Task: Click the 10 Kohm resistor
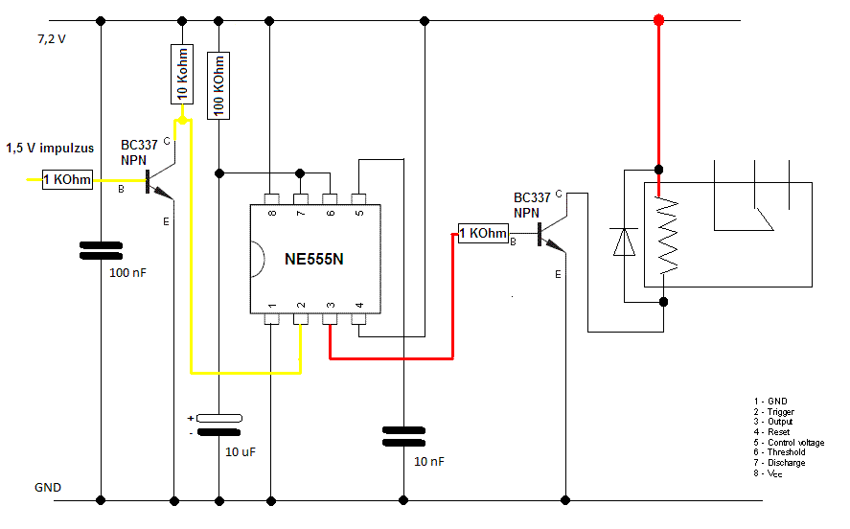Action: [182, 74]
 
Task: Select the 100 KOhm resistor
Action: [218, 85]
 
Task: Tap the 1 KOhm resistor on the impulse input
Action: [67, 179]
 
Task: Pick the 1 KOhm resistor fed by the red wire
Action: [483, 233]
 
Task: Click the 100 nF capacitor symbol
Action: [101, 250]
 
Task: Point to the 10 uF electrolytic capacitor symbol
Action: [219, 425]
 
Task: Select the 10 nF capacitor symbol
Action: [403, 436]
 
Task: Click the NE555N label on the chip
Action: [314, 259]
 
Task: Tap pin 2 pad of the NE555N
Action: [301, 319]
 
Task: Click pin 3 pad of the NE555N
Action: [330, 319]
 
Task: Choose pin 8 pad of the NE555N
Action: [271, 199]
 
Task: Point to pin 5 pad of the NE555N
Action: [358, 199]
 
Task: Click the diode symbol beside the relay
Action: [624, 241]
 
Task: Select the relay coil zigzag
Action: [667, 235]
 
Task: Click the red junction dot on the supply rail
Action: [658, 20]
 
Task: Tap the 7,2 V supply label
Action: [52, 39]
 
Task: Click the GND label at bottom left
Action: [48, 487]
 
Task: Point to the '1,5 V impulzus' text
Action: [50, 148]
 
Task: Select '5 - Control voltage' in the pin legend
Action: [789, 443]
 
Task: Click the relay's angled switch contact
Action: [764, 218]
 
